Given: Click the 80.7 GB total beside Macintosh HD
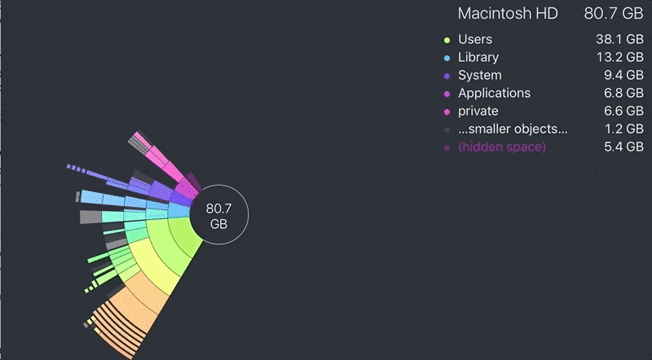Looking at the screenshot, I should click(x=614, y=14).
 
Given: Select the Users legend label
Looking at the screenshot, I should click(x=475, y=39).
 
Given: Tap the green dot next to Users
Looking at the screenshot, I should click(x=447, y=40).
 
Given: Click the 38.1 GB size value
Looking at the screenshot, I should click(x=619, y=39).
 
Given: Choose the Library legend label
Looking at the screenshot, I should click(x=478, y=57).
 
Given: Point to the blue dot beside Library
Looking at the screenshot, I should click(x=447, y=58).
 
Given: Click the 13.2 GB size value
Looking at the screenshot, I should click(x=619, y=57).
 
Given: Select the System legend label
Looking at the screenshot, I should click(x=480, y=75).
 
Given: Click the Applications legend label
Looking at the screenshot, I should click(x=494, y=93).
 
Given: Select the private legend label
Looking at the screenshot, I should click(x=478, y=111).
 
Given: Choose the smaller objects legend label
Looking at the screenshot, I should click(x=513, y=129).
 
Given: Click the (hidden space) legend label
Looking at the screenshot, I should click(x=502, y=147).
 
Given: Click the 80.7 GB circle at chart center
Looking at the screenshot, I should click(x=219, y=216).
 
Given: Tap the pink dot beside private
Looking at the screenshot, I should click(x=447, y=112).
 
